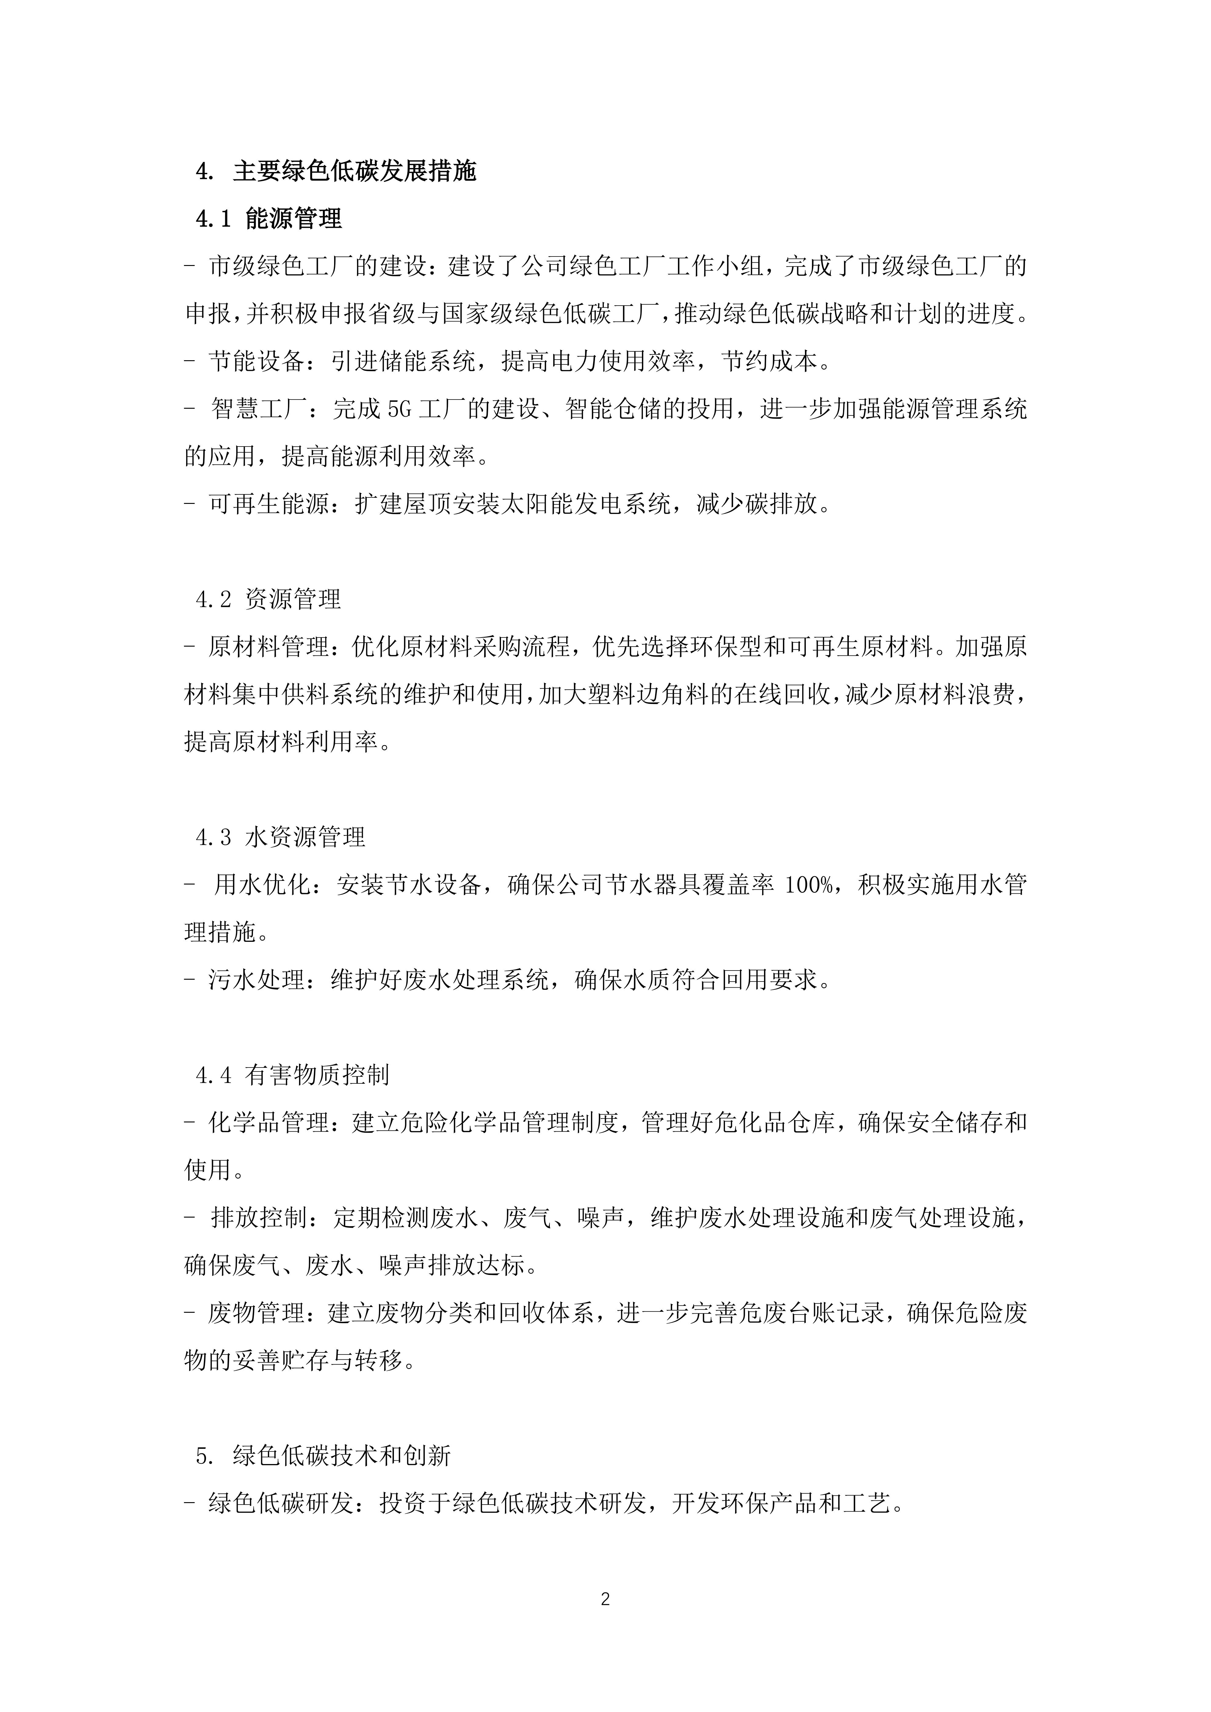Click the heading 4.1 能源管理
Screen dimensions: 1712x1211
click(x=269, y=218)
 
